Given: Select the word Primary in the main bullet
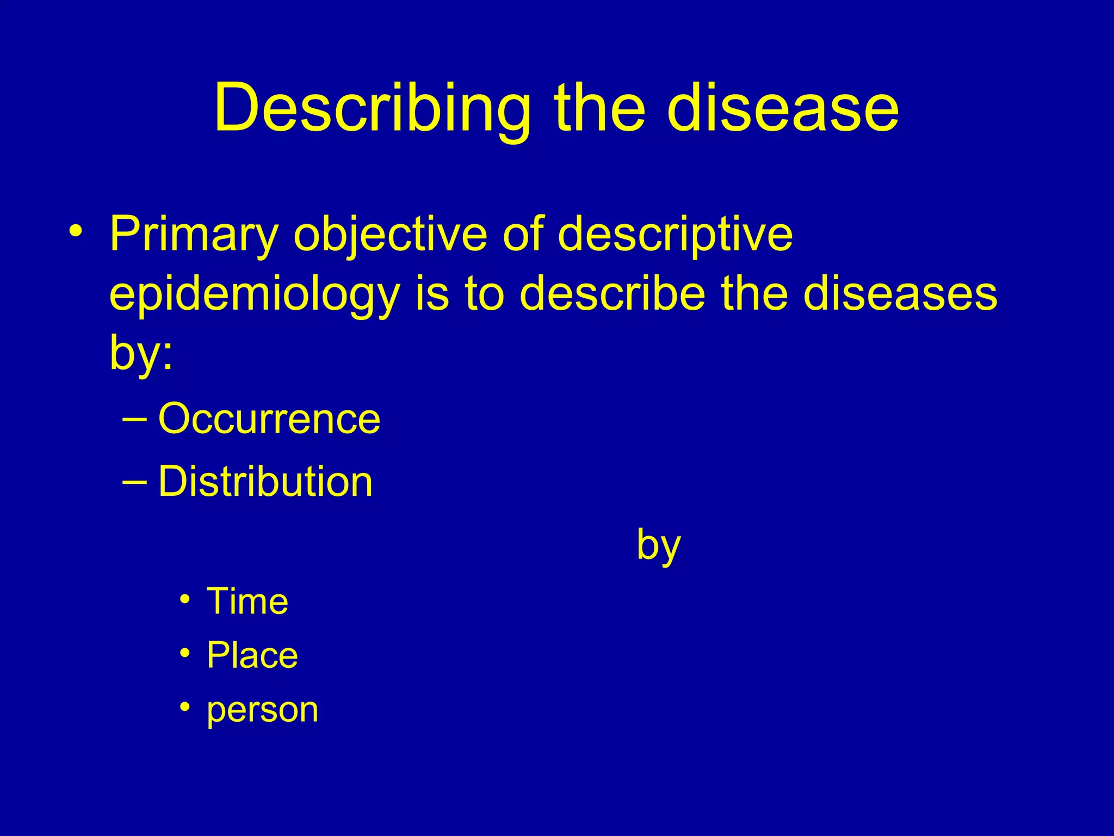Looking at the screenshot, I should click(193, 235).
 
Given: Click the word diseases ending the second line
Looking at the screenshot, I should click(900, 294).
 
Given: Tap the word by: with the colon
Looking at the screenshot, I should click(141, 353).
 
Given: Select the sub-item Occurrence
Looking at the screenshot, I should click(269, 419).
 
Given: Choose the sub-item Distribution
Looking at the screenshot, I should click(265, 482).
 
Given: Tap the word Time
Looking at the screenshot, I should click(247, 602).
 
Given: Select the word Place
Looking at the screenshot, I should click(252, 655).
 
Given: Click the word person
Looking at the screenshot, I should click(262, 710).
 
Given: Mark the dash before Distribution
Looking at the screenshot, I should click(134, 482).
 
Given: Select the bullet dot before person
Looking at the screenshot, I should click(185, 707).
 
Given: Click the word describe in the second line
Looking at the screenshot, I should click(612, 294).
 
